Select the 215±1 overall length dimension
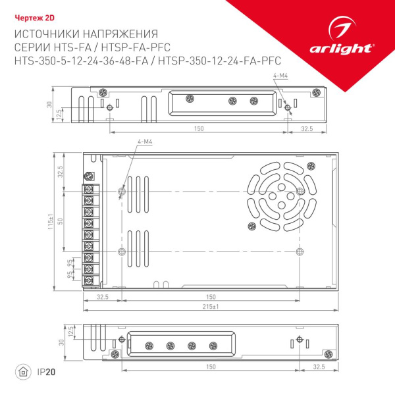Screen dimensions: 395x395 211,307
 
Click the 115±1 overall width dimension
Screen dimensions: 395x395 51,221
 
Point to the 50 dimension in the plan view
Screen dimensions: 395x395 60,221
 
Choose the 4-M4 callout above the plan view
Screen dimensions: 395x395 145,142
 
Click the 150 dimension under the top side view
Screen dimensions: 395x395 198,128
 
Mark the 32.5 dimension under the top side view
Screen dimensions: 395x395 307,128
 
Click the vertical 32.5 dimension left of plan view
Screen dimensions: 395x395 60,172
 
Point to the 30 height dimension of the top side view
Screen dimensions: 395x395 49,105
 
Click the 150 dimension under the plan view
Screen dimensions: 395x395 211,297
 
